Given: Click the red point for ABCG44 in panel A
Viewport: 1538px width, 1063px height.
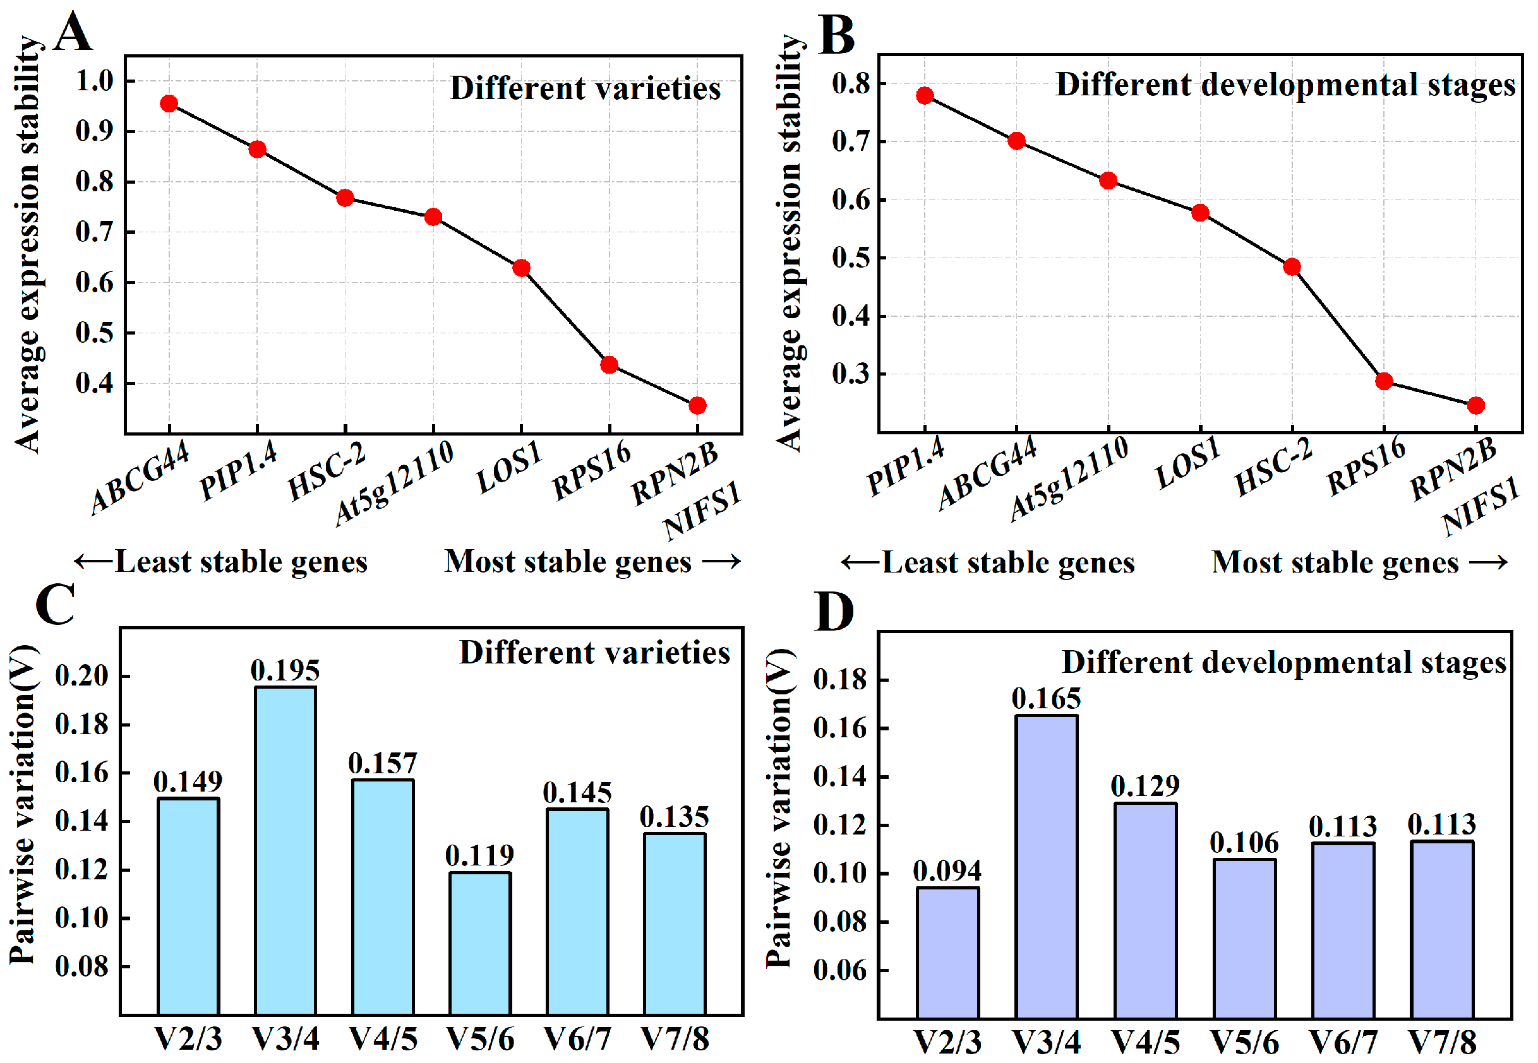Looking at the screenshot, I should click(x=169, y=104).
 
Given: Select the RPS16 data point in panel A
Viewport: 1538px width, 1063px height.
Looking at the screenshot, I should click(x=609, y=365).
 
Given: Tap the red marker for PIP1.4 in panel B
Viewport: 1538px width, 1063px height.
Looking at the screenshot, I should click(x=924, y=96).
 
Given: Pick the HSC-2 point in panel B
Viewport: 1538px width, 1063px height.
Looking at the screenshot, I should click(x=1292, y=267).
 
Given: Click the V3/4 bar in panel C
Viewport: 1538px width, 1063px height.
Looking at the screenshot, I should click(x=285, y=849).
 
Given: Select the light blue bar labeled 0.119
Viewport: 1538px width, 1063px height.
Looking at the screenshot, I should click(x=480, y=942).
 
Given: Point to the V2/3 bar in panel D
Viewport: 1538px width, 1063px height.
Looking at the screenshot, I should click(x=947, y=953).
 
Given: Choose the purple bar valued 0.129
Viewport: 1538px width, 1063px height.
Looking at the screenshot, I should click(x=1145, y=909).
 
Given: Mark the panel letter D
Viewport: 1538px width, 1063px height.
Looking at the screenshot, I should click(x=834, y=612).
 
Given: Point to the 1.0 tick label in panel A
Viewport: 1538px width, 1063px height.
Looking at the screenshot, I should click(x=95, y=81).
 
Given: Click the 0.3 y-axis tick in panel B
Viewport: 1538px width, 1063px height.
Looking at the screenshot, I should click(x=850, y=374).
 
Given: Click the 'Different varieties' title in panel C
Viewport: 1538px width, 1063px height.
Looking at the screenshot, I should click(x=594, y=653).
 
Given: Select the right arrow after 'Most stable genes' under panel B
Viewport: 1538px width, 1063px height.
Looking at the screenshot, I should click(x=1489, y=563).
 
